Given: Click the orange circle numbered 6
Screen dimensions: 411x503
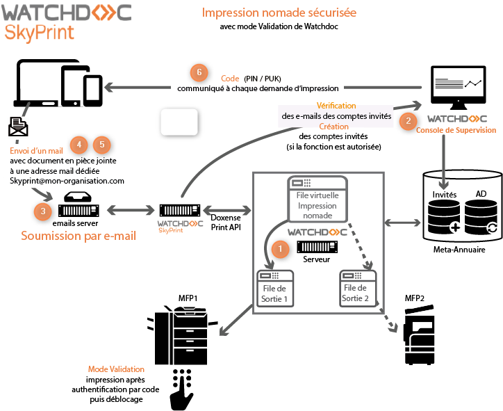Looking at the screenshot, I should click(x=199, y=72).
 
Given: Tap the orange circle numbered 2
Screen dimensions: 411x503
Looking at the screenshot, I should click(x=408, y=120).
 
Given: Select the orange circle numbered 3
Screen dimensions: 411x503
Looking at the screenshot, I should click(x=44, y=210).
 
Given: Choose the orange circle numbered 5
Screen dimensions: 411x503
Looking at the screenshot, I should click(x=102, y=145).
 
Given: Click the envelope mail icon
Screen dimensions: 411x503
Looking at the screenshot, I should click(x=18, y=127).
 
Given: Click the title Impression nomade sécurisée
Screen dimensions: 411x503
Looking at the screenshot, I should click(x=279, y=13).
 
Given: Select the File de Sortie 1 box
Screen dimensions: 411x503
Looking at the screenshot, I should click(x=274, y=288).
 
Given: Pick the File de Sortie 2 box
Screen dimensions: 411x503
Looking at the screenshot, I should click(x=358, y=288).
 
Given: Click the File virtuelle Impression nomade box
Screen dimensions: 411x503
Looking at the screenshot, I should click(x=317, y=198).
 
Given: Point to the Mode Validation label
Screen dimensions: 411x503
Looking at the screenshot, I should click(x=116, y=369).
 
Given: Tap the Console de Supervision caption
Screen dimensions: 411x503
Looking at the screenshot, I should click(x=456, y=130).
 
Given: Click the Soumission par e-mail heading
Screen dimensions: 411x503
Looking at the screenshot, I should click(x=79, y=236).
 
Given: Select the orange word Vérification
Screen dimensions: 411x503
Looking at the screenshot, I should click(x=336, y=106).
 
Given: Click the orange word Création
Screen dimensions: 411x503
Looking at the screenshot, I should click(x=334, y=127).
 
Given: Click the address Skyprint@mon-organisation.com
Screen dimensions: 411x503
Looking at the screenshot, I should click(x=67, y=180).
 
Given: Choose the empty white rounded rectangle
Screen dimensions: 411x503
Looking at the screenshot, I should click(x=179, y=122).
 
